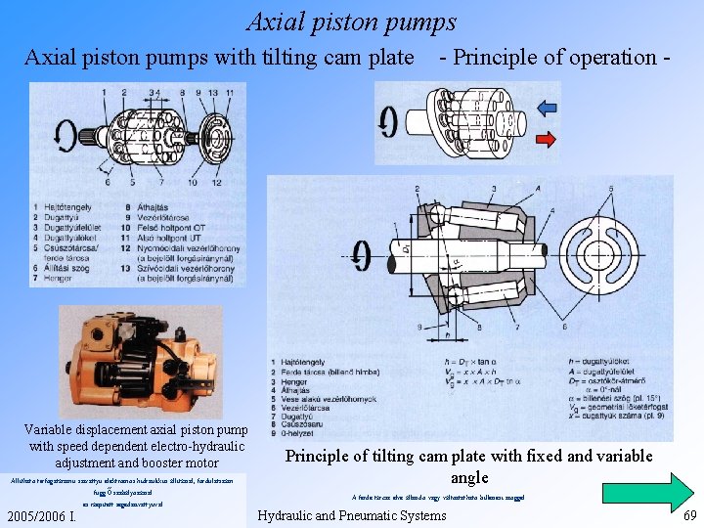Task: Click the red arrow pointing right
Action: (546, 139)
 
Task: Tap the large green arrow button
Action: (643, 491)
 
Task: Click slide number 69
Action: (689, 515)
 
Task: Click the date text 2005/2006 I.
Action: (41, 515)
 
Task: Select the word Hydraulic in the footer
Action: (291, 515)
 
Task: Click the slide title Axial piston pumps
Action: (351, 22)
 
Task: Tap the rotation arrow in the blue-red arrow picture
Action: (389, 121)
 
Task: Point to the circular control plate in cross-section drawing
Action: (610, 251)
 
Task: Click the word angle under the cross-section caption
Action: (468, 477)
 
